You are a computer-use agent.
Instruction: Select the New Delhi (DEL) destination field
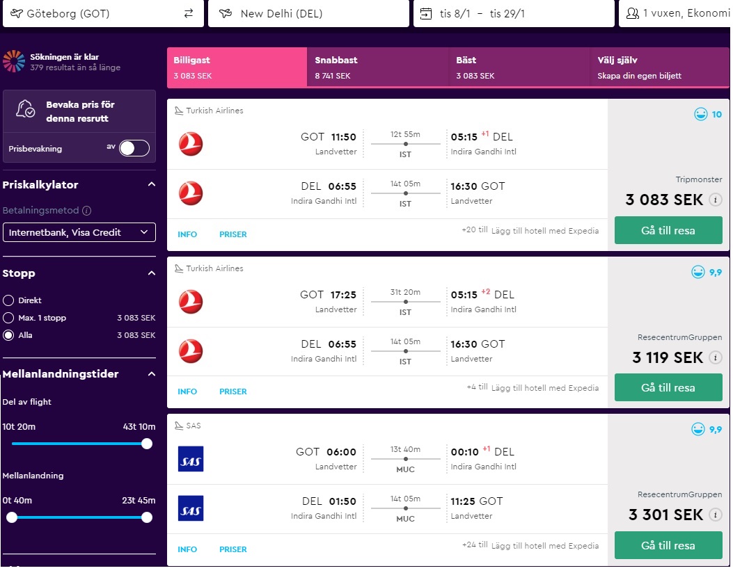point(308,13)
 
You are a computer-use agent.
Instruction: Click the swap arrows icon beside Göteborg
point(189,13)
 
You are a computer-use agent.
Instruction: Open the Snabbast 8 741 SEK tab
point(378,67)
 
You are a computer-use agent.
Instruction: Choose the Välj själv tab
point(659,67)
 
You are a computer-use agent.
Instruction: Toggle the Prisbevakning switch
point(134,148)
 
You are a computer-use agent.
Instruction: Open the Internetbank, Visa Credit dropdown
point(79,232)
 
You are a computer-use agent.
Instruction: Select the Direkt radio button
point(8,300)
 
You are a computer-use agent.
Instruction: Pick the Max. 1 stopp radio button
point(8,318)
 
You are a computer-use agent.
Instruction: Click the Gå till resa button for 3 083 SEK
point(668,230)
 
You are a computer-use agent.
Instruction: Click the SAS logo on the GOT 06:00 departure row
point(191,459)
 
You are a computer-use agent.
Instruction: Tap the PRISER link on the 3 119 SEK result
point(232,392)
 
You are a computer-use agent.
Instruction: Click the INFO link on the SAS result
point(187,549)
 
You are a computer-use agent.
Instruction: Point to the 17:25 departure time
point(343,295)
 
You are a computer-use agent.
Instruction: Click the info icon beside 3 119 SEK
point(715,357)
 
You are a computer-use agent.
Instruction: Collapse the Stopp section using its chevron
point(152,273)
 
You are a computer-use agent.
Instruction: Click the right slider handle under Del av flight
point(147,444)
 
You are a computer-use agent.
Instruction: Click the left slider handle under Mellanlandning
point(12,517)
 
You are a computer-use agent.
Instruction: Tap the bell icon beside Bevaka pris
point(25,108)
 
